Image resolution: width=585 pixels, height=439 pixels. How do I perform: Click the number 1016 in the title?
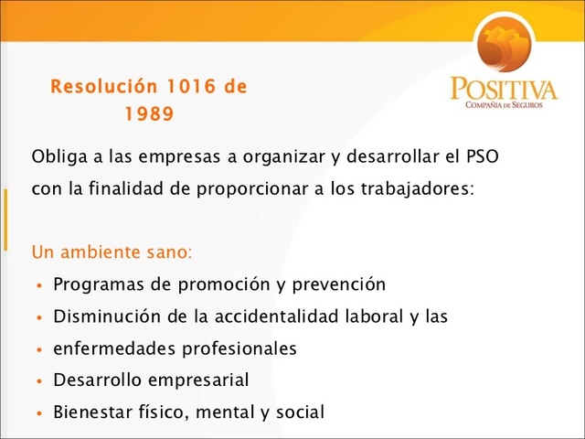192,88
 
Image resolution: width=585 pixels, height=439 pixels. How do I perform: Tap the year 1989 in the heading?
148,116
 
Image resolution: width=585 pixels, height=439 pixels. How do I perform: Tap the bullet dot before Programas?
38,285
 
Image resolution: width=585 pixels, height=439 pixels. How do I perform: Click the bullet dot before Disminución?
38,317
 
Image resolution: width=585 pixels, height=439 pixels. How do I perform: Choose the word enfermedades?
111,348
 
